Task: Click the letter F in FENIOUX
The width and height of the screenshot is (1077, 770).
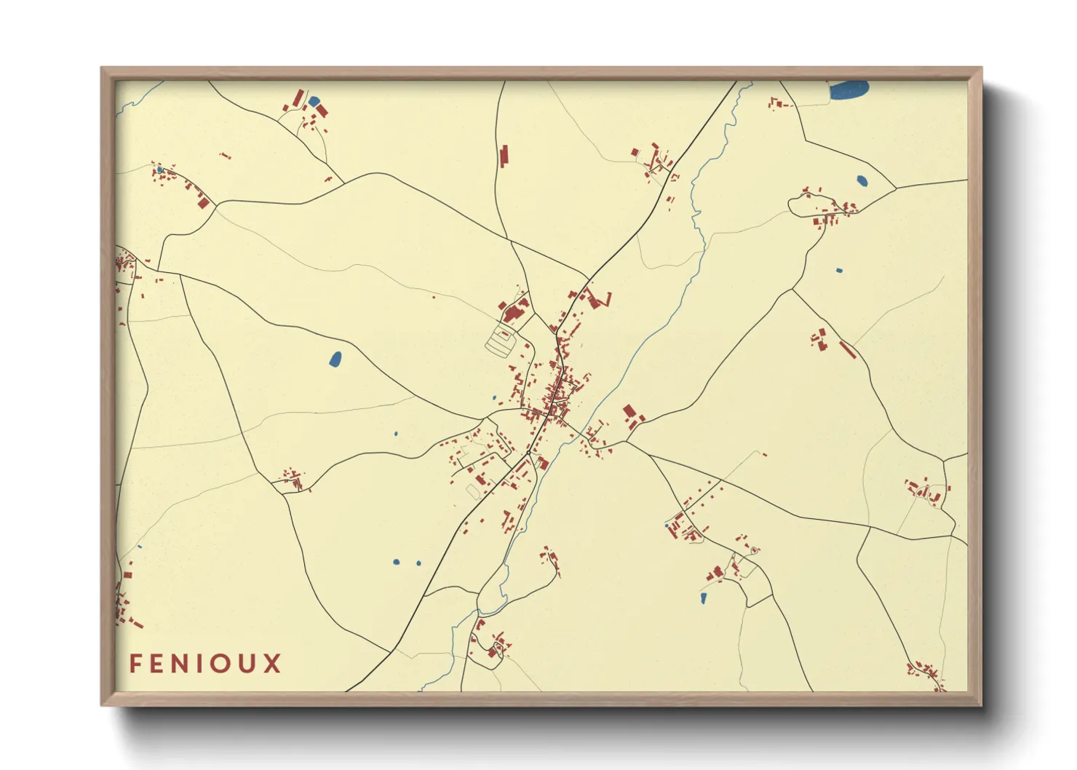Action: coord(135,664)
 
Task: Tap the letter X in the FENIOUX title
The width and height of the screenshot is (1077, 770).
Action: coord(272,664)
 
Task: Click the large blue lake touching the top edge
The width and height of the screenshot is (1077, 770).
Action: coord(849,90)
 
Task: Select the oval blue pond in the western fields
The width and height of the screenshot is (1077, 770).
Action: coord(335,359)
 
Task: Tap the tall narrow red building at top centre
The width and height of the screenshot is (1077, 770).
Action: coord(503,156)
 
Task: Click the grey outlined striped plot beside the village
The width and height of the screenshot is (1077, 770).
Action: coord(501,341)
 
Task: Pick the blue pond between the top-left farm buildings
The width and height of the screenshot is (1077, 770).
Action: coord(314,101)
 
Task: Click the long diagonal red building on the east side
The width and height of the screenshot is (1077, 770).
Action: coord(846,349)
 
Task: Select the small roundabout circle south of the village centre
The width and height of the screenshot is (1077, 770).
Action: coord(528,453)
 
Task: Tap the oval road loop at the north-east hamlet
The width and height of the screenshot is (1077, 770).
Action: coord(800,207)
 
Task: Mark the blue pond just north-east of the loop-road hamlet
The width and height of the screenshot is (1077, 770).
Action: coord(862,180)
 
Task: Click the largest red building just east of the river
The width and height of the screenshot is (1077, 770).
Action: coord(629,413)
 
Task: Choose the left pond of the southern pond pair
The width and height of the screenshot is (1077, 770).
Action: coord(395,562)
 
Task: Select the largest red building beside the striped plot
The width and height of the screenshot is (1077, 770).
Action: coord(513,314)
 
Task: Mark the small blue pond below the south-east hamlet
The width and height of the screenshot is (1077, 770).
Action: coord(703,598)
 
